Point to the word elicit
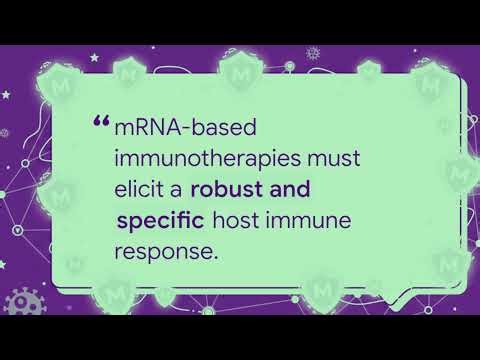coord(144,190)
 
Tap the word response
coord(164,252)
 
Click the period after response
coord(215,258)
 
